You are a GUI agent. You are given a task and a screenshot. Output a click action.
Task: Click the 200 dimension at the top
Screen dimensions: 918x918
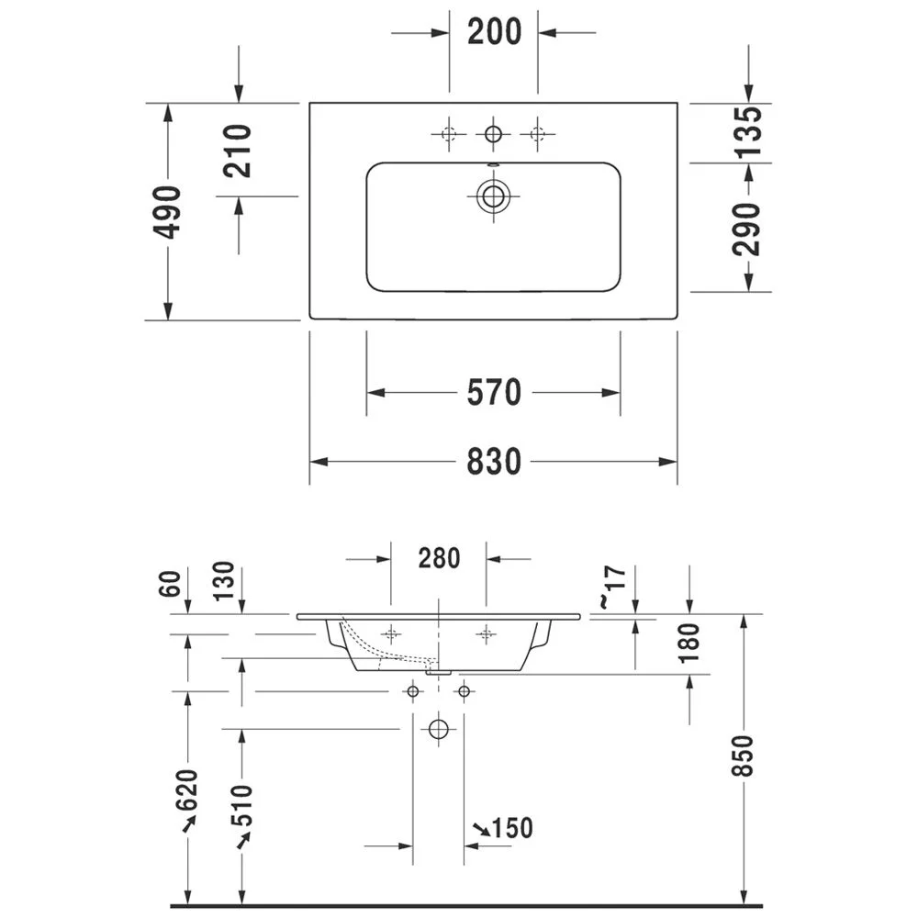pyautogui.click(x=494, y=31)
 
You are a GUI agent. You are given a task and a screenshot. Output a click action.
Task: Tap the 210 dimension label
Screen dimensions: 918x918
pyautogui.click(x=237, y=151)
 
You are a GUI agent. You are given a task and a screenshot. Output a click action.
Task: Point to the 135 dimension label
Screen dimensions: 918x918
pyautogui.click(x=747, y=132)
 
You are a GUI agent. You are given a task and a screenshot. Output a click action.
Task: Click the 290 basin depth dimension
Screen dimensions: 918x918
pyautogui.click(x=746, y=229)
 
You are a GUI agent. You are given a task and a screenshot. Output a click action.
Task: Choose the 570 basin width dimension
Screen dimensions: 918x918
pyautogui.click(x=494, y=392)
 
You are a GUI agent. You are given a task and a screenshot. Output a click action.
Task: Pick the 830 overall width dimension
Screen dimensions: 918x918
pyautogui.click(x=494, y=462)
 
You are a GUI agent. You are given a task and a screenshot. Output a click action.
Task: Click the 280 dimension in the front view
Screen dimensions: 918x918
pyautogui.click(x=439, y=558)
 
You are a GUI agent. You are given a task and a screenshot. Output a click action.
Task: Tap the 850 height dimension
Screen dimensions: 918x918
pyautogui.click(x=743, y=756)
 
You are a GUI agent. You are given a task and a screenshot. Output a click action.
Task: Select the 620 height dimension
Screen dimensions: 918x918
pyautogui.click(x=188, y=790)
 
